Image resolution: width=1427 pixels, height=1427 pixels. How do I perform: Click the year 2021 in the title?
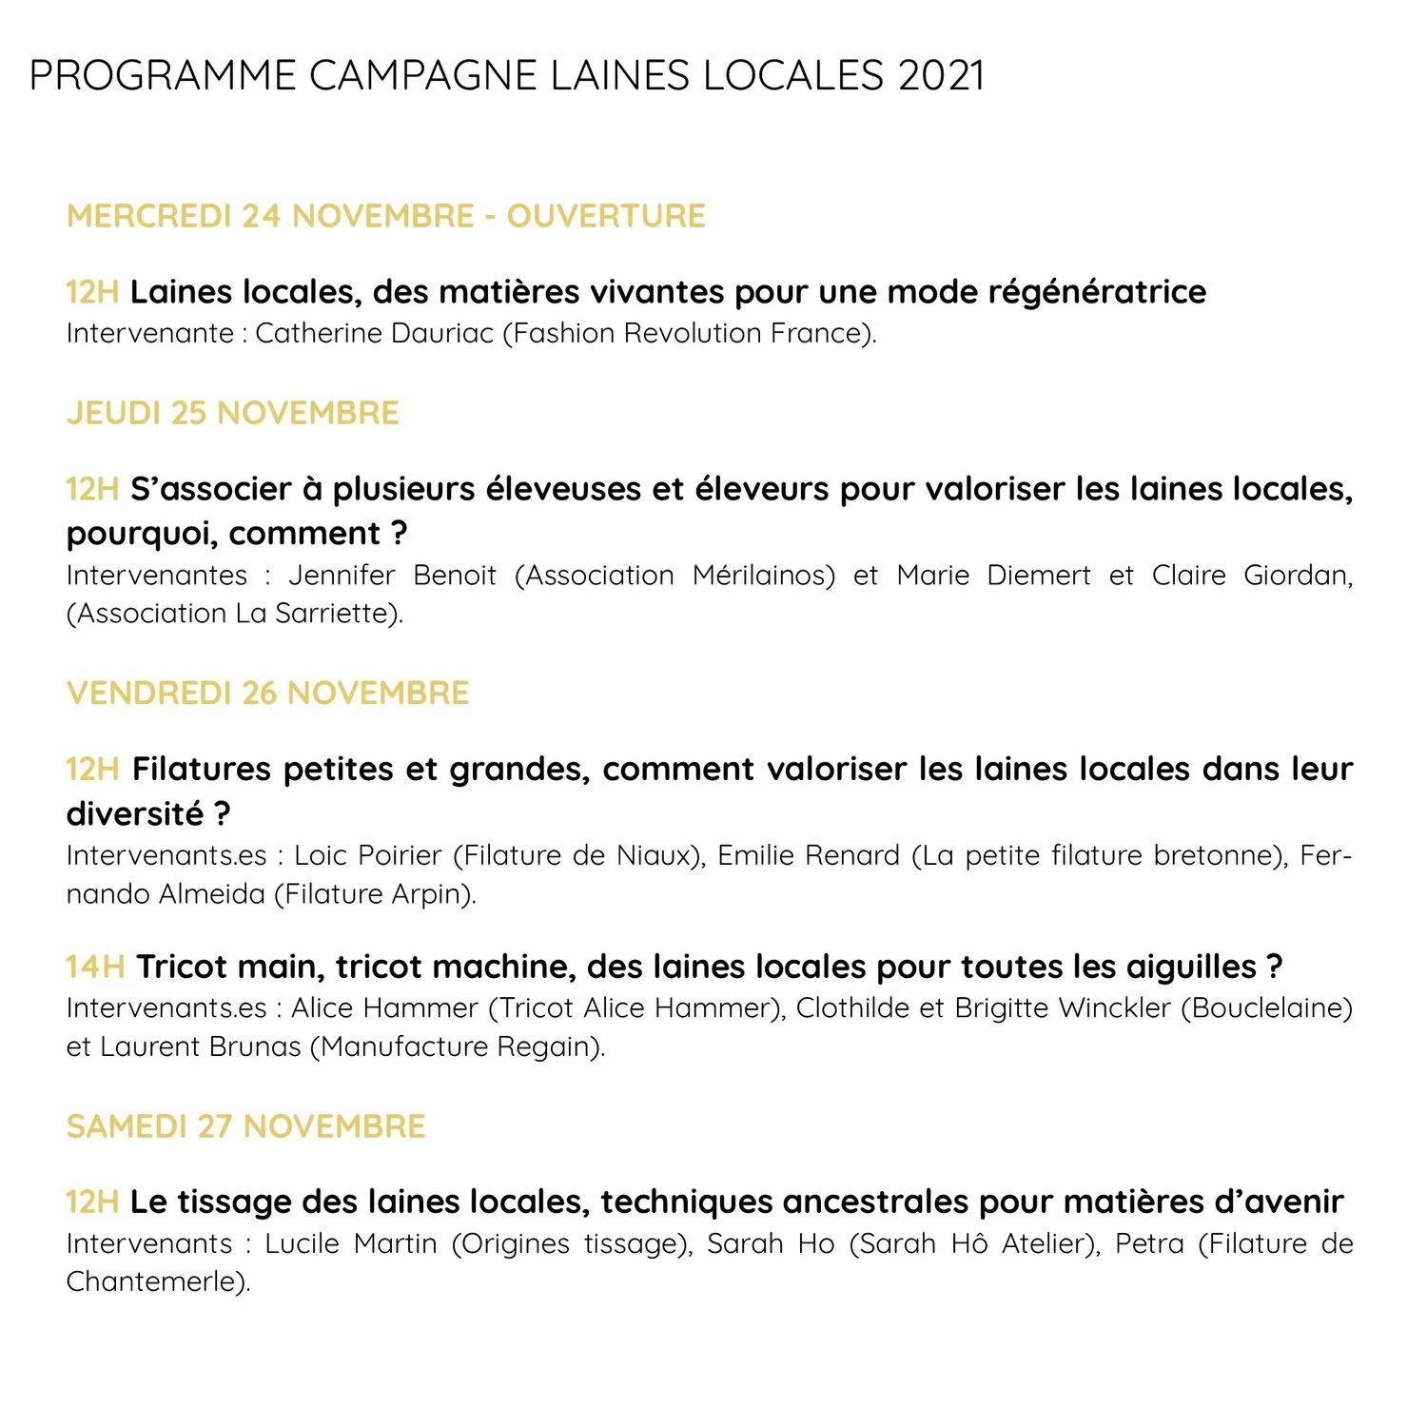pos(940,76)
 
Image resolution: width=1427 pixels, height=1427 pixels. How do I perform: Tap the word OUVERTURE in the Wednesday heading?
pos(606,216)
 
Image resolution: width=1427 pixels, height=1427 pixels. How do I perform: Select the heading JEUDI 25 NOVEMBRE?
pos(233,413)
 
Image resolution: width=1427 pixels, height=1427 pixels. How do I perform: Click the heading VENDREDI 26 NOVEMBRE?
pos(268,693)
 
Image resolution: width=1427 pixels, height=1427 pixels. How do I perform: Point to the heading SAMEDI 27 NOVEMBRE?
pos(246,1126)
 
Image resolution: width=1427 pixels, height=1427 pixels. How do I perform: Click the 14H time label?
pos(95,967)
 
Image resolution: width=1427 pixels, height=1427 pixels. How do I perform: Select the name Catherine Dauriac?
pos(375,334)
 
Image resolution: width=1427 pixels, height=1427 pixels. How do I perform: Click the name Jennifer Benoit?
pos(392,576)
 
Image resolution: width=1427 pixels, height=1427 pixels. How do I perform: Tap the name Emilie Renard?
pos(808,855)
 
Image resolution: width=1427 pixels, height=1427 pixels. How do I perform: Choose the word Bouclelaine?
pos(1266,1008)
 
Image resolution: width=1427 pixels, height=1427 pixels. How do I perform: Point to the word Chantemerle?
pos(152,1282)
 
